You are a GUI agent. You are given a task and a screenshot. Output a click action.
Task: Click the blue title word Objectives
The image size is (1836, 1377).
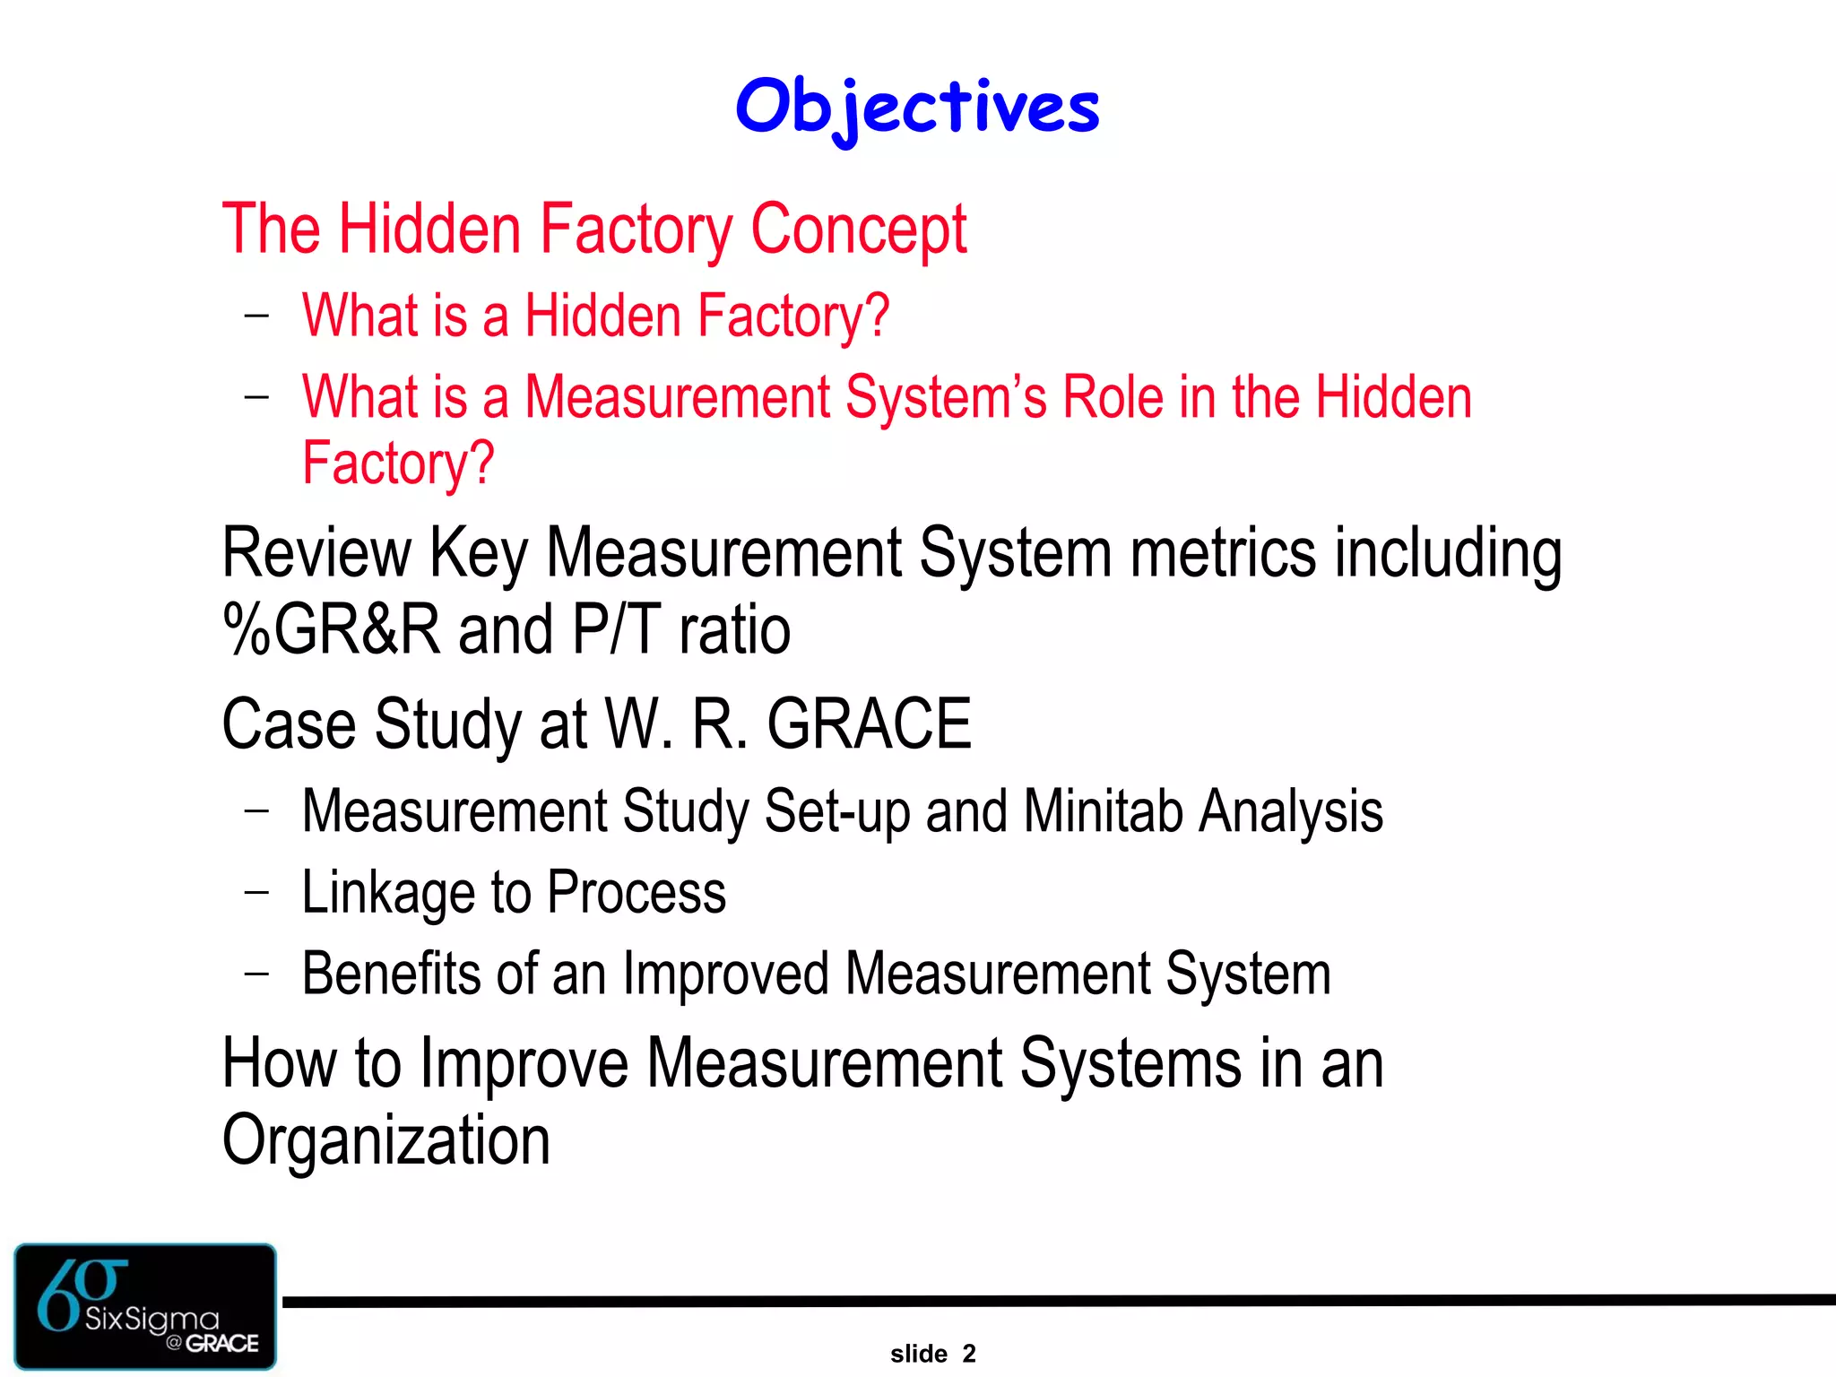(917, 107)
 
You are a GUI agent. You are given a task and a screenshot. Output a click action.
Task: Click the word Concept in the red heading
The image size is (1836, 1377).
(858, 229)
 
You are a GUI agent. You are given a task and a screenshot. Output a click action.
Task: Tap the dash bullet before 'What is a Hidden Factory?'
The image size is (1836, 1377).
(256, 315)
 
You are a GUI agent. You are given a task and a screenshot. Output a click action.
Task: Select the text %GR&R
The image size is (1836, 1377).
(331, 629)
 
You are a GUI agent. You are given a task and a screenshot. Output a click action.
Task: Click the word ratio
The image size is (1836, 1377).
(734, 629)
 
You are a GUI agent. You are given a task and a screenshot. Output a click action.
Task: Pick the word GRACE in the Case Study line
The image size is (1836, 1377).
(869, 723)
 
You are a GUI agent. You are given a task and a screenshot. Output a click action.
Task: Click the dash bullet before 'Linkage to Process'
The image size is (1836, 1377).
(256, 892)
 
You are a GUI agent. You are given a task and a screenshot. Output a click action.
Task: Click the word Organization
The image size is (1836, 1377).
(385, 1140)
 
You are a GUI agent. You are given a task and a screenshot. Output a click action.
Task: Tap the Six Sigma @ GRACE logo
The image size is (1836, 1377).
(145, 1305)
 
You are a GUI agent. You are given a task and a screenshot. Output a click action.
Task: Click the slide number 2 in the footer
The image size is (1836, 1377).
(968, 1354)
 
